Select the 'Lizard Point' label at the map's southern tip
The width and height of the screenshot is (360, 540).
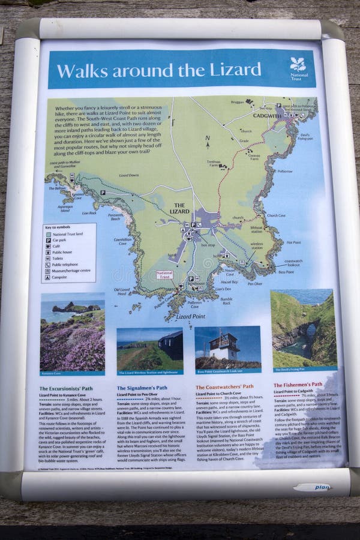click(x=191, y=316)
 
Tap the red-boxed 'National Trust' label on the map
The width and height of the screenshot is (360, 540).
click(x=164, y=275)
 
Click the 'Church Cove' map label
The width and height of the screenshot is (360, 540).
click(x=275, y=215)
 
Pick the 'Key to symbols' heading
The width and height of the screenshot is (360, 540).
click(x=58, y=227)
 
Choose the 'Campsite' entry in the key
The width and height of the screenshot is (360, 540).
click(x=59, y=277)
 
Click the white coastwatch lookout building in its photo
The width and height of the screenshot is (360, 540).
click(x=224, y=346)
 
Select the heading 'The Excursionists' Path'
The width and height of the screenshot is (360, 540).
click(x=66, y=388)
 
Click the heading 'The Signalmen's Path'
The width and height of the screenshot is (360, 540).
click(x=142, y=388)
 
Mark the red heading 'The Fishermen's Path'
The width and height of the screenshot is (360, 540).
click(x=298, y=385)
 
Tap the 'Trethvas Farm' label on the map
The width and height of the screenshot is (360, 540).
click(x=215, y=163)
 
